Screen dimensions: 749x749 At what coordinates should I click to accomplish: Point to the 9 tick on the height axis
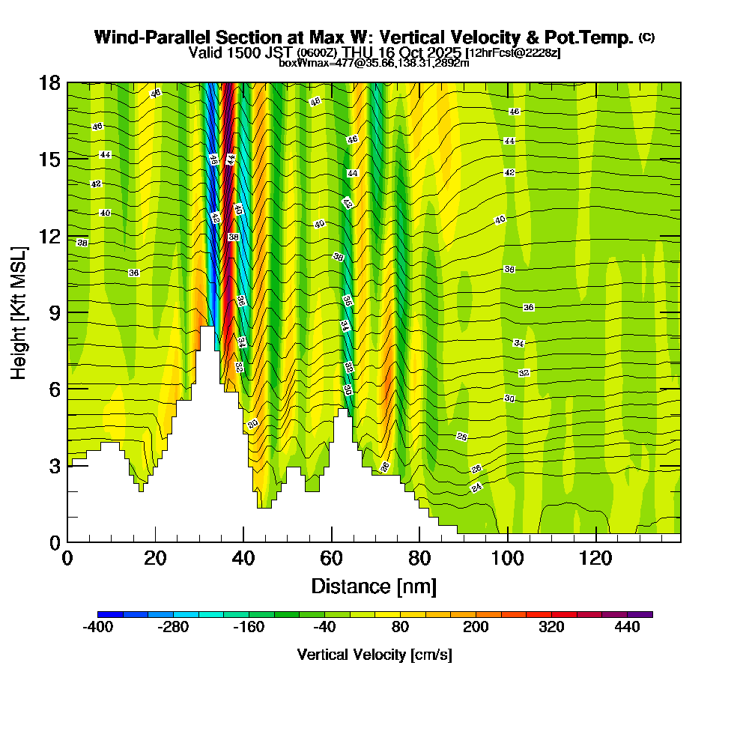[67, 312]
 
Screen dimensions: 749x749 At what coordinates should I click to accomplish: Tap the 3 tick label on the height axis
[54, 466]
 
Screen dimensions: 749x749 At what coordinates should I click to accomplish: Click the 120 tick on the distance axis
[595, 542]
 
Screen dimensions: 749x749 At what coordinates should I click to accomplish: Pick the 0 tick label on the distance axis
[67, 559]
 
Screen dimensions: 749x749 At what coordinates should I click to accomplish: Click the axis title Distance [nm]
[374, 586]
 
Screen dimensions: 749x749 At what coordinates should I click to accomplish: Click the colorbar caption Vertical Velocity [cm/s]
[374, 655]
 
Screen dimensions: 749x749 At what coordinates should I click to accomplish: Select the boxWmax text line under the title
[374, 63]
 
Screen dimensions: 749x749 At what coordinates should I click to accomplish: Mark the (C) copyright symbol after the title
[646, 37]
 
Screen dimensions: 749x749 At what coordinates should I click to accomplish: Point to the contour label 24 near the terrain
[476, 488]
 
